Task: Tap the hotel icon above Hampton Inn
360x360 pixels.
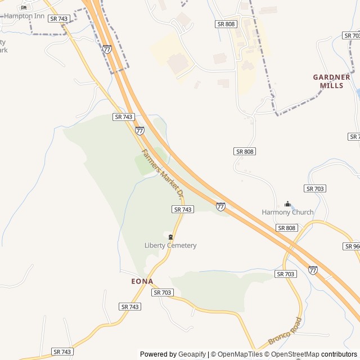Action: click(24, 7)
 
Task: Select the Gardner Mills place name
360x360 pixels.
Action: click(331, 81)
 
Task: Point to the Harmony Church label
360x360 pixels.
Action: click(287, 212)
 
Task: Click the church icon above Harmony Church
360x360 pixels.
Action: click(287, 204)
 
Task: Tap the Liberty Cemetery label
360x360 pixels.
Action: click(170, 245)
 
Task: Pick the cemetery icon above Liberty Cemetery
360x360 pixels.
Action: click(170, 237)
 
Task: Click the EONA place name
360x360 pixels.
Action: click(142, 281)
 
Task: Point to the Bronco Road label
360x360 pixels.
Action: click(285, 331)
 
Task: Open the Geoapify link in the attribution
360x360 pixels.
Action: click(192, 354)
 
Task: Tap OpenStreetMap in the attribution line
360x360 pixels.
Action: click(296, 354)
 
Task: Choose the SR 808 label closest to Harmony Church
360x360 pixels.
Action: click(287, 228)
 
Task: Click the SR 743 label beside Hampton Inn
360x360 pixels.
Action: click(58, 19)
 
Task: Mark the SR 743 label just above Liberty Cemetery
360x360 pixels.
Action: click(183, 209)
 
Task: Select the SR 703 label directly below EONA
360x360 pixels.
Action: click(163, 292)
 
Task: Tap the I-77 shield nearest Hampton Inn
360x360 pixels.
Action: click(107, 49)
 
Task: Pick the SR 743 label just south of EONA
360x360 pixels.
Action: click(130, 307)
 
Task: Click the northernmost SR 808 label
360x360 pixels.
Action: click(226, 24)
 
